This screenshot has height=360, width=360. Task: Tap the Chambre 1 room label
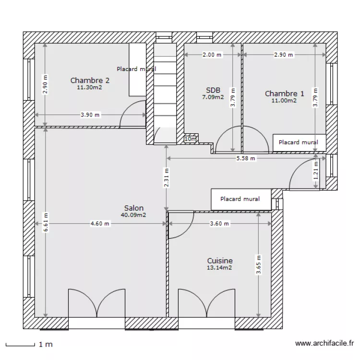(x=284, y=94)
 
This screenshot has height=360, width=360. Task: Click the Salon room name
(x=133, y=208)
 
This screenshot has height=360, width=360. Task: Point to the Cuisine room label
(x=220, y=261)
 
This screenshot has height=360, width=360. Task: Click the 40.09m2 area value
(x=133, y=215)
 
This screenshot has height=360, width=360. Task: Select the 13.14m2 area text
(x=220, y=268)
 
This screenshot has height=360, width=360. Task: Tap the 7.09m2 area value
(x=213, y=97)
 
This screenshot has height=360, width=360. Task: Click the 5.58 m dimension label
(x=245, y=158)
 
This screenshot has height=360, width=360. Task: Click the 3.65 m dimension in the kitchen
(x=258, y=264)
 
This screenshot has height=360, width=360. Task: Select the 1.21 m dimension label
(x=315, y=170)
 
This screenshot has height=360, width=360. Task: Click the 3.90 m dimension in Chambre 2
(x=90, y=115)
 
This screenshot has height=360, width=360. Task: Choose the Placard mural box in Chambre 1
(x=299, y=142)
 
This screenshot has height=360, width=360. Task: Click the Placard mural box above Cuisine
(x=240, y=199)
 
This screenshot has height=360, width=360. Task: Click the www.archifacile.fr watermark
(x=324, y=344)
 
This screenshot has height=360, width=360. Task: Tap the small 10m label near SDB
(x=191, y=139)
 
